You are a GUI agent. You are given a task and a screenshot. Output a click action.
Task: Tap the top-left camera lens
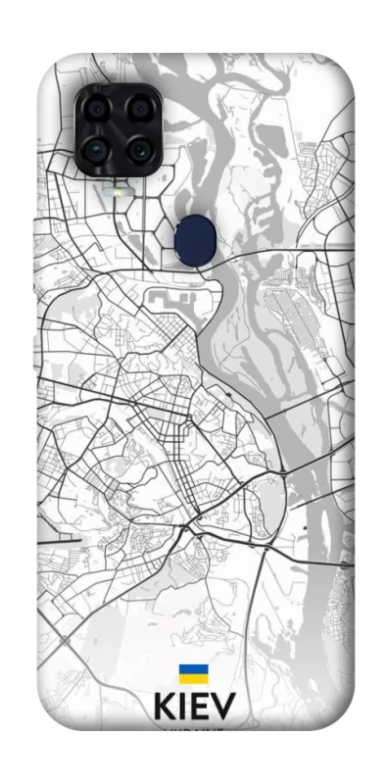[x=96, y=110]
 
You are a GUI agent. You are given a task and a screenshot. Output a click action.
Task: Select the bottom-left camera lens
[x=96, y=150]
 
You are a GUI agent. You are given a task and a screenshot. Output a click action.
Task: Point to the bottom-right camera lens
[x=138, y=150]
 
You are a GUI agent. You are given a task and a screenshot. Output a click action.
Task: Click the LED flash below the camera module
[x=118, y=192]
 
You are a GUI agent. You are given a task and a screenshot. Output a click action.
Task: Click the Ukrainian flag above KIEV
[x=192, y=674]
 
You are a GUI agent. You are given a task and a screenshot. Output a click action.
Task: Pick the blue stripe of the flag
[x=192, y=669]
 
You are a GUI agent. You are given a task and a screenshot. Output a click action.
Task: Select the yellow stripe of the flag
[x=192, y=679]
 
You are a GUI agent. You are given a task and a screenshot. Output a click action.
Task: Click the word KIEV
[x=193, y=708]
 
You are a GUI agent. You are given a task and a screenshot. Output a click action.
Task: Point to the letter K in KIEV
[x=165, y=708]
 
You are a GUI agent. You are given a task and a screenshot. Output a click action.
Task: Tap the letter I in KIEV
[x=183, y=708]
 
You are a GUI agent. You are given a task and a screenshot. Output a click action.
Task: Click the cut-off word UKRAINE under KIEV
[x=193, y=729]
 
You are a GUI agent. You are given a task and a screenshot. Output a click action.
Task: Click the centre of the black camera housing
[x=118, y=129]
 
